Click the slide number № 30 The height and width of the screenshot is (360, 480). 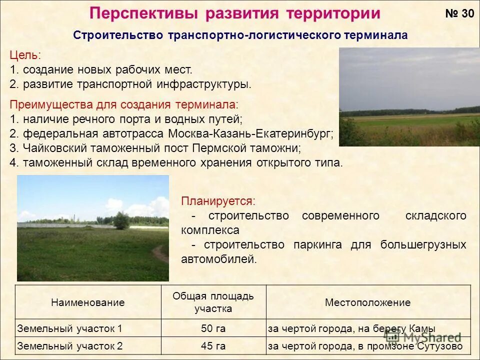click(459, 13)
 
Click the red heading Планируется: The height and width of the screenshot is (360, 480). click(218, 201)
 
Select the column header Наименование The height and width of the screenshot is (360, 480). click(87, 302)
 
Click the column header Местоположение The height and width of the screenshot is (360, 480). click(367, 302)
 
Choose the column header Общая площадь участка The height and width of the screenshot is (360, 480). click(213, 302)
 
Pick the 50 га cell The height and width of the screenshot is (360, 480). click(213, 328)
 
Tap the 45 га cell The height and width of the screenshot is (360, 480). click(213, 346)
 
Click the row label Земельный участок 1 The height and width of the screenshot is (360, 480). click(69, 328)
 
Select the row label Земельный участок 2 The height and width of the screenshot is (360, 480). click(69, 346)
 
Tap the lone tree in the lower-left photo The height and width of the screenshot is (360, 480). click(121, 220)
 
